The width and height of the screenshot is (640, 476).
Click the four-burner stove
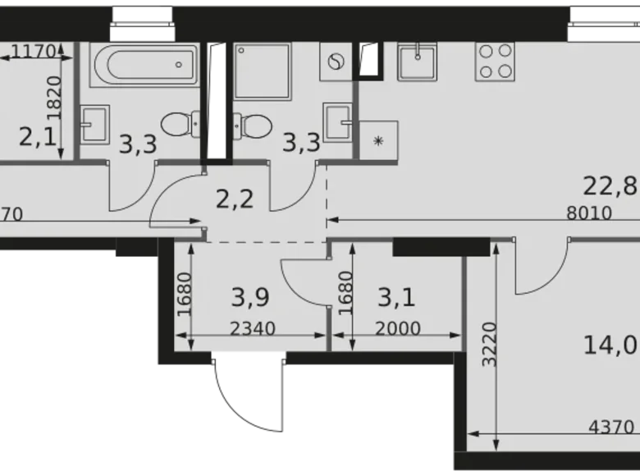pos(496,61)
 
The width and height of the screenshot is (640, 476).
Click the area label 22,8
pos(619,185)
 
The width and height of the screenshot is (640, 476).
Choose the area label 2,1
pos(37,135)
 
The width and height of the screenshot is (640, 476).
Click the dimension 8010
pos(589,214)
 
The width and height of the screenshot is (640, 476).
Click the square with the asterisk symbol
pos(378,140)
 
